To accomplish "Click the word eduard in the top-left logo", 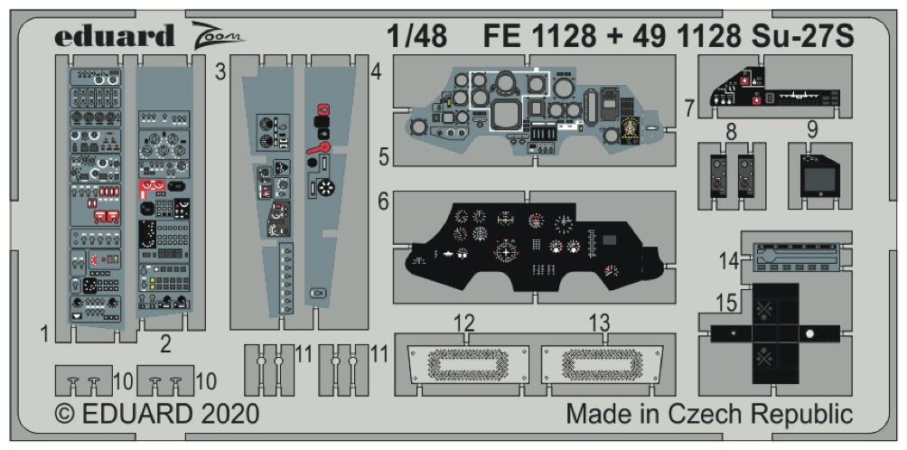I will point(114,36).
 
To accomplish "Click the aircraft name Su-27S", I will point(805,35).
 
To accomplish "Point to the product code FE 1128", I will point(539,35).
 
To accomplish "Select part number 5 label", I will point(385,157).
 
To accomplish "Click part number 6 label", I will point(384,203).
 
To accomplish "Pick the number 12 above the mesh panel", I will point(464,323).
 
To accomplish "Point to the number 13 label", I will point(599,323).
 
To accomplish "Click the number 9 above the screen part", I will point(812,129).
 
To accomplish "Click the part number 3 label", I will point(220,72).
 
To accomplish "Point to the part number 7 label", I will point(689,109).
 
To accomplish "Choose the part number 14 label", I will point(728,260).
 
